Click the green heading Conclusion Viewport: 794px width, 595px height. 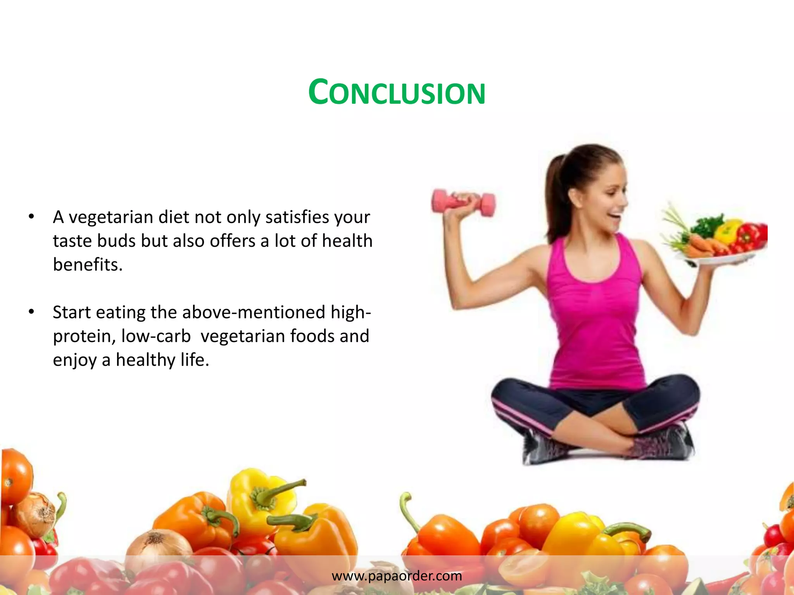click(x=397, y=93)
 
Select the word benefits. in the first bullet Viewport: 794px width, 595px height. click(x=88, y=265)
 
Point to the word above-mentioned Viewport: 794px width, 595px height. click(x=254, y=312)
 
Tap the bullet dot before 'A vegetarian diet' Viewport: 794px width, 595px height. click(x=31, y=217)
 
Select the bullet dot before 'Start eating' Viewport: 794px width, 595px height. click(x=31, y=311)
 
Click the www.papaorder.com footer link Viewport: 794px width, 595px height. click(x=397, y=576)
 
